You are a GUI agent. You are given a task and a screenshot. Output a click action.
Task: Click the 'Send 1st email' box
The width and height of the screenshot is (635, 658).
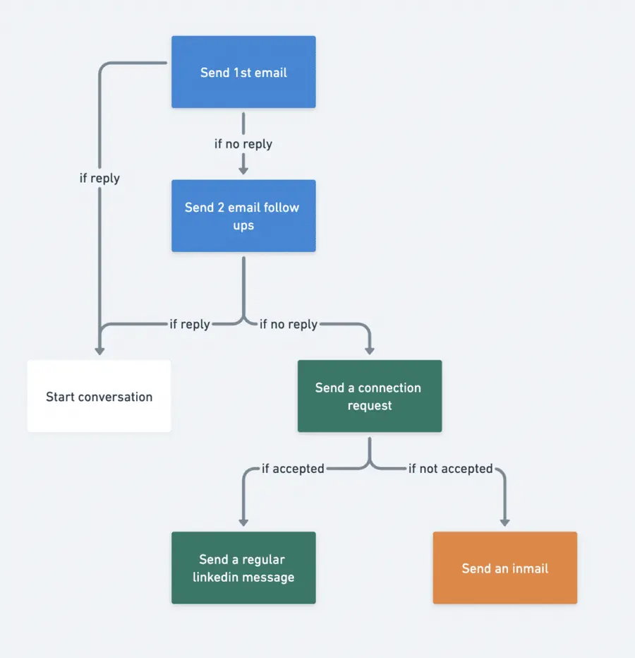pos(243,72)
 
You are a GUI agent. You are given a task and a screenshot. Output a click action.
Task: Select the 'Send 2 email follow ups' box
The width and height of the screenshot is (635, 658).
pos(243,216)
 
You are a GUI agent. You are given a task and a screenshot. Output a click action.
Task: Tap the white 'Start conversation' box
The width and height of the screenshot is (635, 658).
pos(99,396)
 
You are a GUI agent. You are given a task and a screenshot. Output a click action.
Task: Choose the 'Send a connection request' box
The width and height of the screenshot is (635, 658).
pos(369,396)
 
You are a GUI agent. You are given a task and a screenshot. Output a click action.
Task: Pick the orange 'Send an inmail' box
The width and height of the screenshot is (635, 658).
pos(504,568)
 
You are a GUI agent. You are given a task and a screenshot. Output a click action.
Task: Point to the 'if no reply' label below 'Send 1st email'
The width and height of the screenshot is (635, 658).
pos(243,144)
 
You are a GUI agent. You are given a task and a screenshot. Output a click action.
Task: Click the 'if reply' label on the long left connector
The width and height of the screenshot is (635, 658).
pos(99,179)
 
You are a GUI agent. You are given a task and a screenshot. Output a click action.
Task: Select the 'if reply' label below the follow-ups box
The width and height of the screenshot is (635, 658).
pos(190,324)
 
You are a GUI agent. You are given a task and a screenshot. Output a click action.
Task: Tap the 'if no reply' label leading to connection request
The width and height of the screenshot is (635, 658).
pos(288,324)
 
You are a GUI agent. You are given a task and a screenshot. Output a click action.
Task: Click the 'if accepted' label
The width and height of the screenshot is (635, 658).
pos(293,468)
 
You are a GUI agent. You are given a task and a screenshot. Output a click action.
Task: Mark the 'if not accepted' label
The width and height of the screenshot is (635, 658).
pos(450,468)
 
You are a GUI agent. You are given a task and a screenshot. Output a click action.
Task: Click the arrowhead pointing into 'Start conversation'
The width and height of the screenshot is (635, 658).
pos(99,349)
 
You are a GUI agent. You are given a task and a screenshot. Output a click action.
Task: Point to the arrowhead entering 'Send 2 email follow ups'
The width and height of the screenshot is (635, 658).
pos(243,169)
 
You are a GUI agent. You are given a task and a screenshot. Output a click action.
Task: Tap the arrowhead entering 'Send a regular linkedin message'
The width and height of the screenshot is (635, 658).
pos(243,521)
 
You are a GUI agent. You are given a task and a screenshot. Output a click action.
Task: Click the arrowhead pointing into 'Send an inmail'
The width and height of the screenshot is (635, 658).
pos(504,521)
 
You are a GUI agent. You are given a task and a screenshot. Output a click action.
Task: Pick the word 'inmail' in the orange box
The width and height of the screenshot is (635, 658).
pos(527,568)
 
